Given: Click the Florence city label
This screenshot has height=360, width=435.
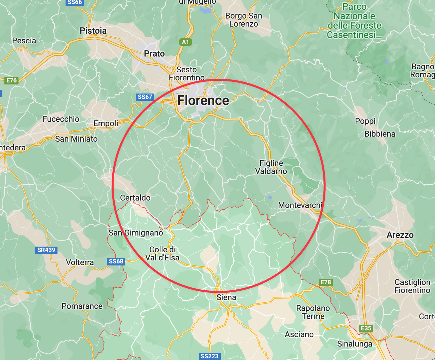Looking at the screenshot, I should [203, 100].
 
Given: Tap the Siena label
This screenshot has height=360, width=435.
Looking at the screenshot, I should [226, 297].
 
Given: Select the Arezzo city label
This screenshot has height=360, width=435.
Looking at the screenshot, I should [400, 235].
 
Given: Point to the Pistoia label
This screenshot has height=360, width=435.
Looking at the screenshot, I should [93, 31].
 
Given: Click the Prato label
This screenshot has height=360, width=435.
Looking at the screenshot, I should [154, 53].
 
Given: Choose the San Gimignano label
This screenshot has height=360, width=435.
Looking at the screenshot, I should [136, 232].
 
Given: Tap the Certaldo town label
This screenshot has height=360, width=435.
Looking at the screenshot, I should [135, 197].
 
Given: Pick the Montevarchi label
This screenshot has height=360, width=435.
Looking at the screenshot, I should [300, 205].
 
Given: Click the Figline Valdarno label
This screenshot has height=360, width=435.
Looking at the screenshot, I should [271, 167].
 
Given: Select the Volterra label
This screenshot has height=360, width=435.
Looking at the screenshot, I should [80, 262].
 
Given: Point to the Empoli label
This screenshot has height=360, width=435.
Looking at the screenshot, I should [106, 123].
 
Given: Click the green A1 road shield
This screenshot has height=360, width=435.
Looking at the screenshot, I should [186, 42].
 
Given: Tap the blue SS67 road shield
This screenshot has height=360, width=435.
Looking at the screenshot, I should [145, 97].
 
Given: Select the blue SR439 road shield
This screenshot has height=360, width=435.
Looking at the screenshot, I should [46, 250].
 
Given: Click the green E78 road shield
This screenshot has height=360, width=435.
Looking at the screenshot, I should [325, 282].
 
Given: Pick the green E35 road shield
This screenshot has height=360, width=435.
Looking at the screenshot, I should [366, 328].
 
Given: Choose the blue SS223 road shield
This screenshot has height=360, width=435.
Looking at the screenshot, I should [209, 356].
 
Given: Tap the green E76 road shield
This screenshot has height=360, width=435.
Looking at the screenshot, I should [11, 80].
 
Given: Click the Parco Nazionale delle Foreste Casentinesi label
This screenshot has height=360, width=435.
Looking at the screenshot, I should [354, 21].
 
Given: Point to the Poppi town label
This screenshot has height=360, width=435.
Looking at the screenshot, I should [365, 121].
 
